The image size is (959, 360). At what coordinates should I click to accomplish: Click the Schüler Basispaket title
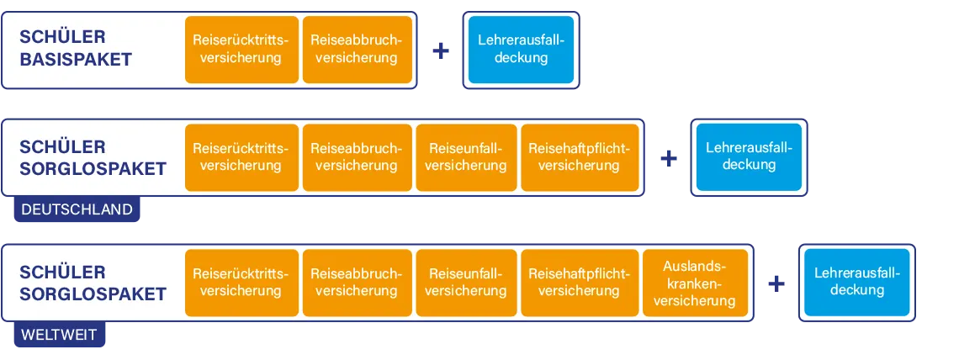[76, 49]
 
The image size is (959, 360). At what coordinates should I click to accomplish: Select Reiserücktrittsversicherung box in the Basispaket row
[241, 50]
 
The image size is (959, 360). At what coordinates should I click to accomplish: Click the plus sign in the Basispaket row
[440, 51]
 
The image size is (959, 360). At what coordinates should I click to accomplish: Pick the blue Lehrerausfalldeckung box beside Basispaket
[522, 50]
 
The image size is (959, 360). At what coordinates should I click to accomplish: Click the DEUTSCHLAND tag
[77, 210]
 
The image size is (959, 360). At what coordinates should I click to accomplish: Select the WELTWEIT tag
[60, 336]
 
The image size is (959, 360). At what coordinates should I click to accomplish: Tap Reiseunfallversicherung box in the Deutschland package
[466, 157]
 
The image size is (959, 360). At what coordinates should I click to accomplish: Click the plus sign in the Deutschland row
[670, 158]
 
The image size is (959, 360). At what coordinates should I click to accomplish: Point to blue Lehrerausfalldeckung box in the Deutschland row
[749, 156]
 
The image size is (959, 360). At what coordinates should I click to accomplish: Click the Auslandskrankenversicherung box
[695, 283]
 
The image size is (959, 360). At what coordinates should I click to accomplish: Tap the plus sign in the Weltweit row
[776, 283]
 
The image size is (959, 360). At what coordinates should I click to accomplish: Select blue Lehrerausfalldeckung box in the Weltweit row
[857, 282]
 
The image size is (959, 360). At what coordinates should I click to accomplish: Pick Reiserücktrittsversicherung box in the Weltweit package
[241, 283]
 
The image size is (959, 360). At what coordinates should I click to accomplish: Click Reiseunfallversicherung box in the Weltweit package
[466, 283]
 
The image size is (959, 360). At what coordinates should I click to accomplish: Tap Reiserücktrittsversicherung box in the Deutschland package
[241, 157]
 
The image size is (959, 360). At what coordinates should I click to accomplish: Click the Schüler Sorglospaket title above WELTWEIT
[93, 283]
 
